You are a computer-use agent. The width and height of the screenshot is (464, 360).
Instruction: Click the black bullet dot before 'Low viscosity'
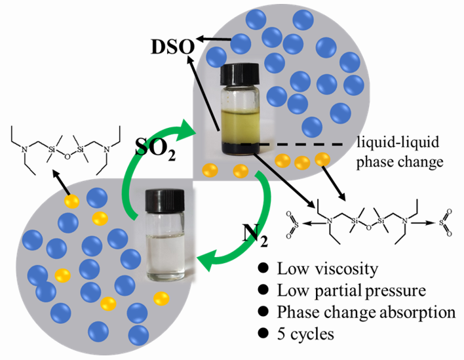(264, 269)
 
